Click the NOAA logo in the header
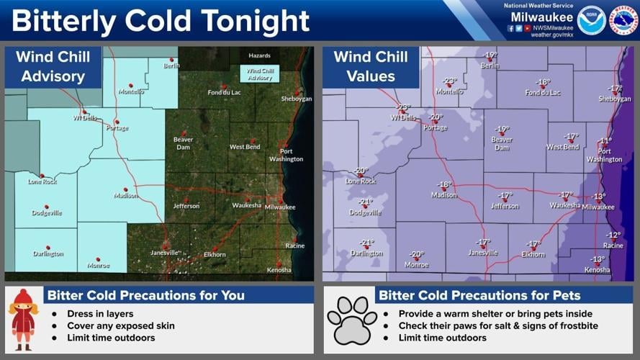pos(590,19)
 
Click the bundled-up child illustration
pos(23,320)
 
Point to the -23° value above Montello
pos(449,81)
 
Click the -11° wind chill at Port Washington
pos(605,141)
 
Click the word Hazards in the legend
pos(259,55)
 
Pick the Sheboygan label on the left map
pos(297,99)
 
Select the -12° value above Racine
pos(613,235)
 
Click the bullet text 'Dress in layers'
pos(102,314)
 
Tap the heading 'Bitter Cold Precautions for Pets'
pos(479,295)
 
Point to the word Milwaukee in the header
pos(542,17)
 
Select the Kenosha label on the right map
pos(597,270)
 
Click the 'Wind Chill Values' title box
pos(371,66)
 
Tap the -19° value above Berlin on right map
pos(490,55)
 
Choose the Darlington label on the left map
pos(48,253)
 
